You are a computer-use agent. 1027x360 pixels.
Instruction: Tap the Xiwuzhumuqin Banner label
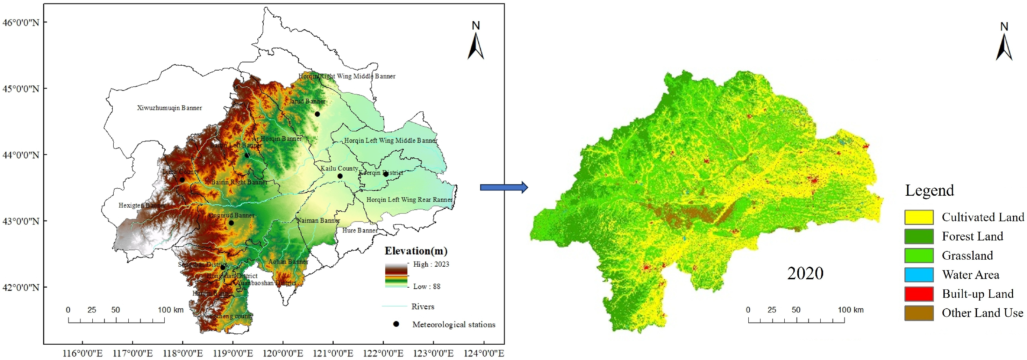pos(170,108)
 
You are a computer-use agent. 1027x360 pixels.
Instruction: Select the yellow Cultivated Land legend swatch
pos(919,217)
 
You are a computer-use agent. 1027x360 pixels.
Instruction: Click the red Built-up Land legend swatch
pos(919,294)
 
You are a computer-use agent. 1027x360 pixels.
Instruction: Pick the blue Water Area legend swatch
pos(919,275)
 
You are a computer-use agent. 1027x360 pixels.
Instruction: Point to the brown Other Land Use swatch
pos(919,313)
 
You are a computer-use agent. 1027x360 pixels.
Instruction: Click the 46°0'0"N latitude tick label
pos(21,22)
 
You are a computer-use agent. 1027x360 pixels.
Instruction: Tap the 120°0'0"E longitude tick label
pos(283,353)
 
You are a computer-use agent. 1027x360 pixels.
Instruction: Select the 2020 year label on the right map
pos(805,273)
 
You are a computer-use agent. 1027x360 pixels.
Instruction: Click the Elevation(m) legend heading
pos(416,251)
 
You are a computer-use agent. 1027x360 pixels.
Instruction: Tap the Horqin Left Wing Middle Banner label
pos(390,141)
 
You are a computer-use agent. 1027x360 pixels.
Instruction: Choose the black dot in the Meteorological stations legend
pos(396,324)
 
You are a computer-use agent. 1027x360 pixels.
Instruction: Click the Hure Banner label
pos(359,230)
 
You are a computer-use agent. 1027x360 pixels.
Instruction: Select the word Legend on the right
pos(929,190)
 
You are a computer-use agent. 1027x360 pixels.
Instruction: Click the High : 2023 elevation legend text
pos(430,264)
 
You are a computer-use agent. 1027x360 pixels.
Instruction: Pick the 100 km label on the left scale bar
pos(171,310)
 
